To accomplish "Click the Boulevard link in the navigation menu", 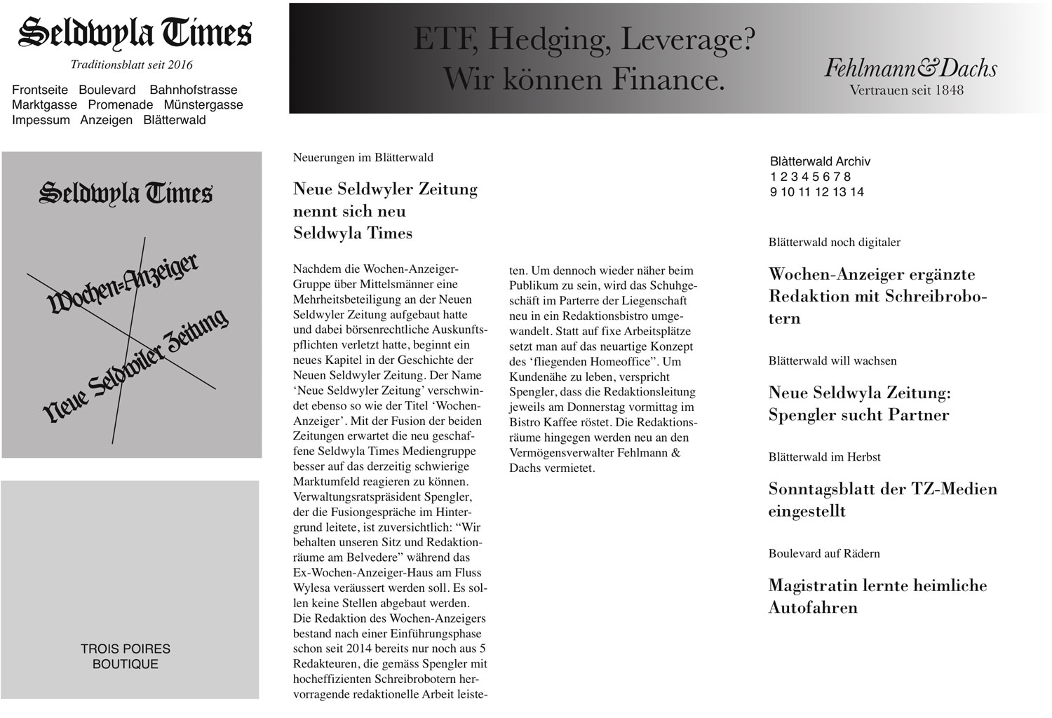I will point(107,90).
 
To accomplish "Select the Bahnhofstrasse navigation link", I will point(194,90).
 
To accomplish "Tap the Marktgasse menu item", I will point(45,105).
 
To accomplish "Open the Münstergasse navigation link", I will point(203,105).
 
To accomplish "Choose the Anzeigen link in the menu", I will point(106,120).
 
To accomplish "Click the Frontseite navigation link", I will point(40,90).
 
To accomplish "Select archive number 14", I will point(856,192).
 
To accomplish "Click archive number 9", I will point(773,192).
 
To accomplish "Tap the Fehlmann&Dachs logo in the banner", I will point(910,68).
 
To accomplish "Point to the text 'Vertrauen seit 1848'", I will point(906,90).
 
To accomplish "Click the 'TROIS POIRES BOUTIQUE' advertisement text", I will point(126,656).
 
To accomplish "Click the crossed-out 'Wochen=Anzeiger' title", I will point(123,283).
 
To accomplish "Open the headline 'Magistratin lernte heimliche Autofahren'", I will point(877,596).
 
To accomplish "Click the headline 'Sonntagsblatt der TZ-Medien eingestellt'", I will point(882,499).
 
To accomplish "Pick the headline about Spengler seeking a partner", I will point(859,403).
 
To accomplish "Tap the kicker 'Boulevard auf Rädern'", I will point(824,553).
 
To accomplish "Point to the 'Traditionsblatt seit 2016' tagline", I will point(132,65).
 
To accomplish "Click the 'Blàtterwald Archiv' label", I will point(820,161).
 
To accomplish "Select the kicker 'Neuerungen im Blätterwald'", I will point(363,158).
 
